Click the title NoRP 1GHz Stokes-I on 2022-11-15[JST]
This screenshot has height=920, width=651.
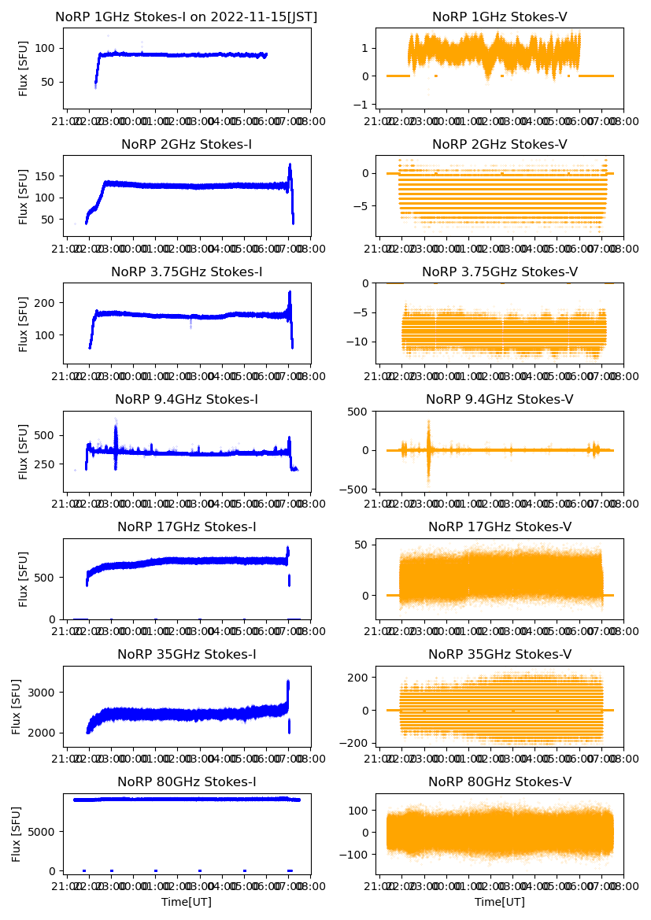coord(187,17)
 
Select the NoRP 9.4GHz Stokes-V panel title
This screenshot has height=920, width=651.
coord(499,400)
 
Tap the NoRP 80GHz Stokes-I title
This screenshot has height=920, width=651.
coord(187,782)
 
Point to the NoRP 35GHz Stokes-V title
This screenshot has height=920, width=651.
coord(499,655)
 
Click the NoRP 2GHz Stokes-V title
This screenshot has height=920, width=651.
coord(499,145)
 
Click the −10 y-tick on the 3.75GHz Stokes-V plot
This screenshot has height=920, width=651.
coord(361,342)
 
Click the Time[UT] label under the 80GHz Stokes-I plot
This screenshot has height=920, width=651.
coord(187,902)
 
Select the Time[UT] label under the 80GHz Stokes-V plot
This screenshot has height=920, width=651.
coord(499,902)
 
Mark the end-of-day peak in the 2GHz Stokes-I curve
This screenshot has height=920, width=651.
coord(290,166)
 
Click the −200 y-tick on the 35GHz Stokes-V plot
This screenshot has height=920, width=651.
coord(357,743)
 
